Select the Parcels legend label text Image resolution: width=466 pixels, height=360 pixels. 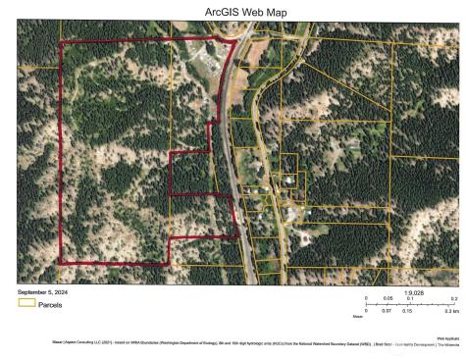pos(50,304)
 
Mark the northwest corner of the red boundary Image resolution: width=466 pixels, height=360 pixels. pos(61,43)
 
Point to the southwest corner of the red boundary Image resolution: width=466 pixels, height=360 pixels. pos(61,263)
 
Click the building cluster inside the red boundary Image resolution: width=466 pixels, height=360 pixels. pos(209,61)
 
